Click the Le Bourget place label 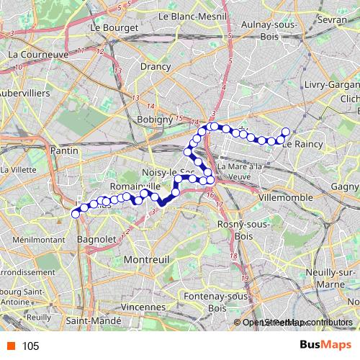[x=114, y=27]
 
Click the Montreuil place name [x=146, y=258]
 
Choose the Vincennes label [x=142, y=306]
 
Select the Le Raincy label [x=301, y=144]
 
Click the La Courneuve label [x=37, y=54]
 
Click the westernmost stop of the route [x=75, y=212]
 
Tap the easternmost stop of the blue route [x=285, y=132]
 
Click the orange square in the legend [x=9, y=346]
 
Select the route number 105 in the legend [x=30, y=346]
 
